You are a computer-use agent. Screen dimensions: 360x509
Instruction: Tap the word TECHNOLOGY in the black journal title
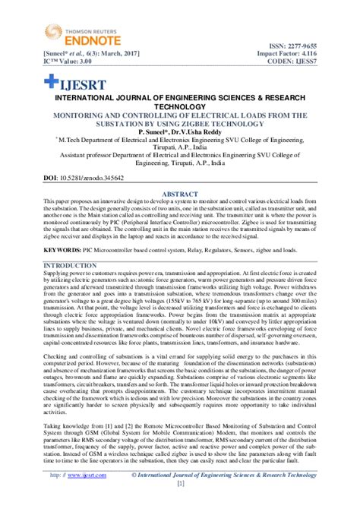[180, 108]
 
